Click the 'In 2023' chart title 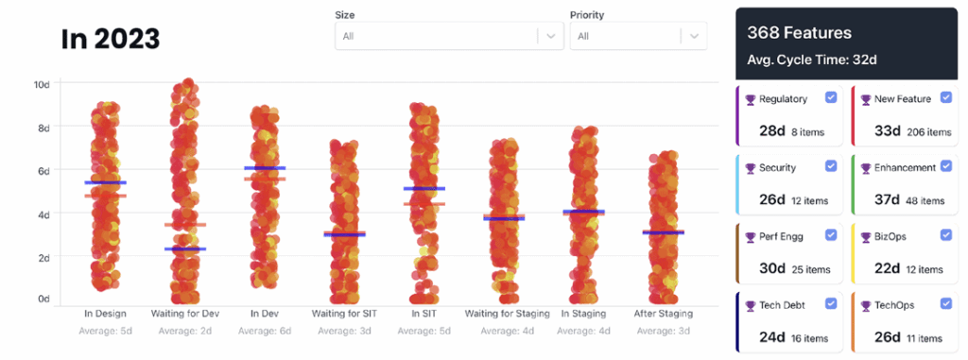[111, 39]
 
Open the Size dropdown [449, 36]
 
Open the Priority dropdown [638, 36]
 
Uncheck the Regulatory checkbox [831, 98]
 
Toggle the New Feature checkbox [945, 98]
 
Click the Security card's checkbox [831, 166]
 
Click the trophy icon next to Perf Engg [751, 236]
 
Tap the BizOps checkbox [945, 235]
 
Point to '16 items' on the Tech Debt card [808, 338]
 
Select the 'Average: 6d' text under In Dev [265, 331]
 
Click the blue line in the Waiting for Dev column [185, 249]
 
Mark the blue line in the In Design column [106, 182]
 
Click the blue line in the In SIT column [423, 189]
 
